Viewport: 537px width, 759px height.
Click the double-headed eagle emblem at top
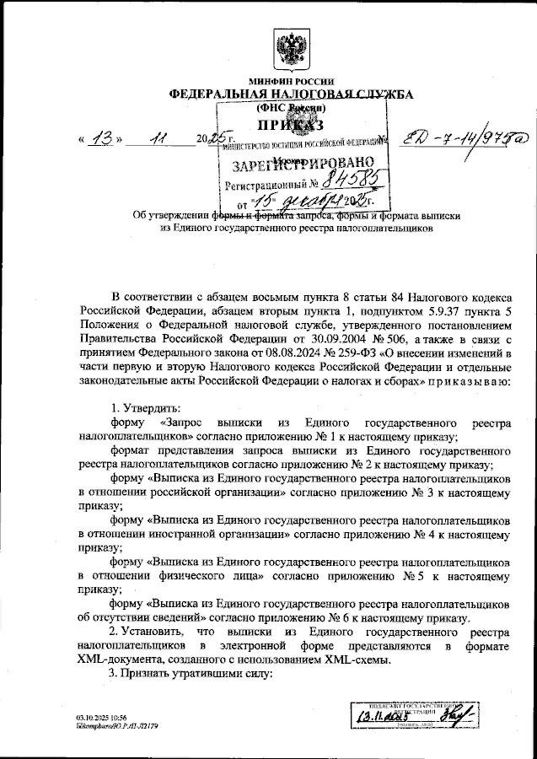(293, 51)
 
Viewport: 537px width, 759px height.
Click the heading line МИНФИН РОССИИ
(291, 82)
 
